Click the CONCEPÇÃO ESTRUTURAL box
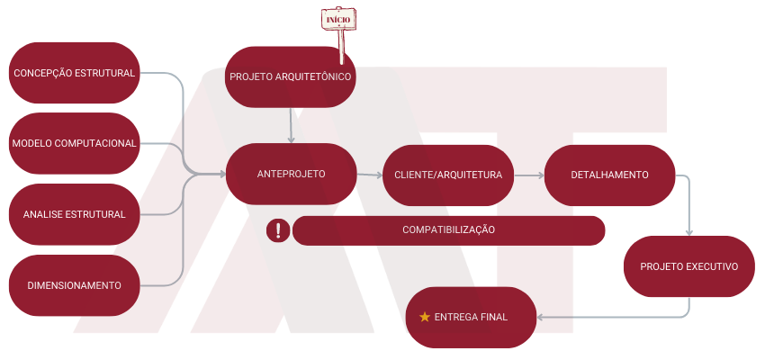75,73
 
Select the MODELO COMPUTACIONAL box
74,143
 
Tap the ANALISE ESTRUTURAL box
74,214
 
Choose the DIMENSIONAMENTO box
74,285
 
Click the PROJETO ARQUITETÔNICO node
290,76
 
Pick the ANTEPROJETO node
291,174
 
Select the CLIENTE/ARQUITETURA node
448,175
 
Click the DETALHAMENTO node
609,175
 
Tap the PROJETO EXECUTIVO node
688,266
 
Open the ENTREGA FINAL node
471,317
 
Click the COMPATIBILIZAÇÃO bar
448,229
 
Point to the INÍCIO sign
338,19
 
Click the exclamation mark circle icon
278,230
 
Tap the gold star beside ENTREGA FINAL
425,317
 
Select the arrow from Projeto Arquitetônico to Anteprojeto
291,126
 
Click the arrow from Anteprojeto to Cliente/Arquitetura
369,175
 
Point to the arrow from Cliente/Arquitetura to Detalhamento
529,175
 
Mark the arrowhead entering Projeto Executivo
689,231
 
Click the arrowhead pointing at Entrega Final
541,317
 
